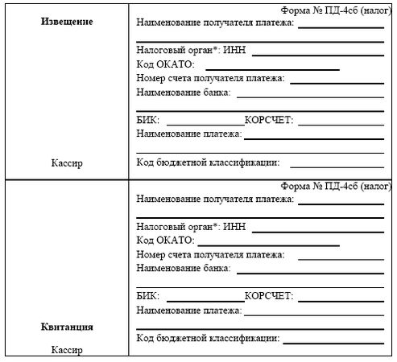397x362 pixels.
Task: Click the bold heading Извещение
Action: pyautogui.click(x=66, y=22)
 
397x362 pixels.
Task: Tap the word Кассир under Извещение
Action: pyautogui.click(x=66, y=163)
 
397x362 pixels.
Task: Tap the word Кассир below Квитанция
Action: pyautogui.click(x=66, y=350)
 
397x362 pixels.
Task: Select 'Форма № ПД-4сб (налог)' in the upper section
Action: pyautogui.click(x=336, y=11)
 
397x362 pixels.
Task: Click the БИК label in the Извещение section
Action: pyautogui.click(x=148, y=120)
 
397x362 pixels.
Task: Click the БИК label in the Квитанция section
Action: pyautogui.click(x=148, y=295)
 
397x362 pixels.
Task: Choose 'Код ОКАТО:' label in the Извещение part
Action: pyautogui.click(x=166, y=64)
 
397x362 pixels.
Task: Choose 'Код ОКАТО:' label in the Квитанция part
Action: pyautogui.click(x=166, y=240)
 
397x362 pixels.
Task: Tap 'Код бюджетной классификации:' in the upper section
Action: pyautogui.click(x=208, y=162)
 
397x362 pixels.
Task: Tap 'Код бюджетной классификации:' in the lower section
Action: pyautogui.click(x=208, y=338)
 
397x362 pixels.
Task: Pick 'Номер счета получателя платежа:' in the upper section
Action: pyautogui.click(x=211, y=79)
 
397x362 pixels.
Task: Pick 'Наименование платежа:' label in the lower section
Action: pyautogui.click(x=189, y=310)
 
